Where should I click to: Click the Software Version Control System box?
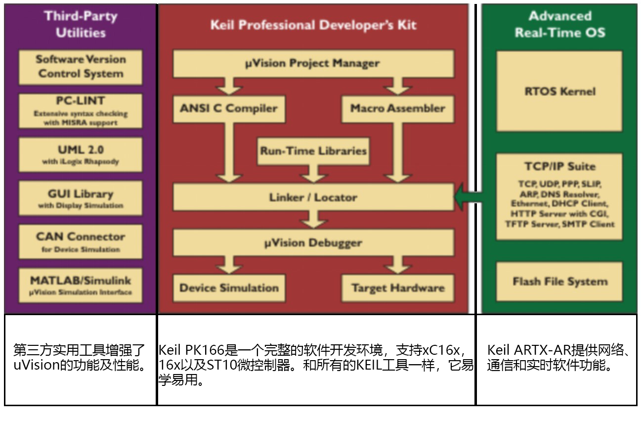[80, 67]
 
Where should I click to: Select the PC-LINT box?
[80, 111]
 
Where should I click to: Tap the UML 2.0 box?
[80, 154]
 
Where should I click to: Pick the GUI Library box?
[80, 198]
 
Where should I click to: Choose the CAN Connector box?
[80, 241]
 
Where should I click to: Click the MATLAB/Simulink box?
[80, 285]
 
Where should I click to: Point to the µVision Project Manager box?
[313, 63]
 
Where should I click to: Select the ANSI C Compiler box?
[228, 108]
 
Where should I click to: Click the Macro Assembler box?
[397, 108]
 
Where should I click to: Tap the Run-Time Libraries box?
[313, 150]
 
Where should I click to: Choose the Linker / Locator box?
[313, 197]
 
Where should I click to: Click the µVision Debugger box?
[313, 243]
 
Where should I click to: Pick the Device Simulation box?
[228, 288]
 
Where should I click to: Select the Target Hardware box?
[397, 288]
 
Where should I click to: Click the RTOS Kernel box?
[559, 91]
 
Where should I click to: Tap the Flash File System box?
[559, 282]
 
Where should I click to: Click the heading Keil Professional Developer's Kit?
[313, 25]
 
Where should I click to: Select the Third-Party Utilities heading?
[81, 24]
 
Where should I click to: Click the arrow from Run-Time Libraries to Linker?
[313, 174]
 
